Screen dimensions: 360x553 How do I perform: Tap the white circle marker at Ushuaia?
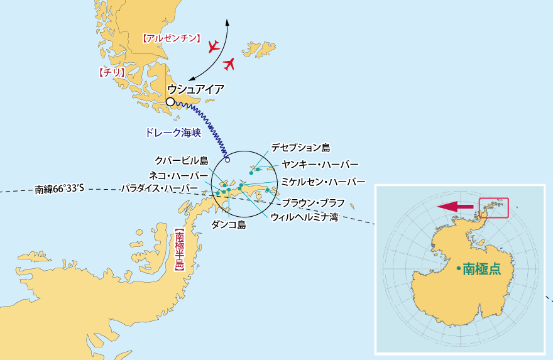170,101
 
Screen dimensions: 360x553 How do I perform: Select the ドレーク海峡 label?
172,133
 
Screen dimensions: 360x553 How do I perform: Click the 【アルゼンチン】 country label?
172,38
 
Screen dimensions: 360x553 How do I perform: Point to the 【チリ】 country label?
113,73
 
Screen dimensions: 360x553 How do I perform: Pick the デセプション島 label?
300,148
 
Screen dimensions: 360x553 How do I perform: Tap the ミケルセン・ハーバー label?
323,182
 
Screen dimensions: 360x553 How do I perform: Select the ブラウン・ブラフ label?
313,202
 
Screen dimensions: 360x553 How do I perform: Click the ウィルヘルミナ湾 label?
305,217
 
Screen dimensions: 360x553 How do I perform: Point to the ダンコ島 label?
229,224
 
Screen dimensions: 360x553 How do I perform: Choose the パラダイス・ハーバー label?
160,188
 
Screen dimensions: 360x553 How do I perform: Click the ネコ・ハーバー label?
178,175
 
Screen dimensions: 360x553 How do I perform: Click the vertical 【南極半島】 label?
179,249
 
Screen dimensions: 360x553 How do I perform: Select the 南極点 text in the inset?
482,269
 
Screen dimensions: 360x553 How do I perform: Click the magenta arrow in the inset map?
456,206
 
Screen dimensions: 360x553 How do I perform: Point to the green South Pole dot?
459,269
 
